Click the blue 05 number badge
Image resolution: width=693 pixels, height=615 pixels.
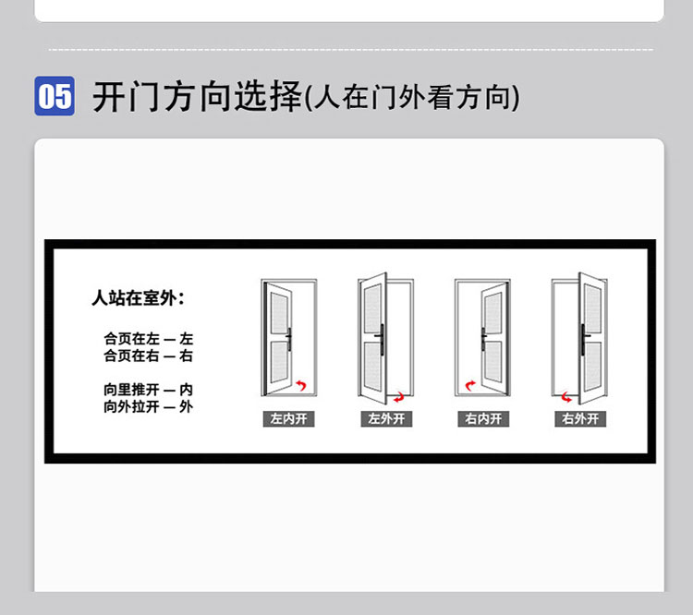click(x=55, y=96)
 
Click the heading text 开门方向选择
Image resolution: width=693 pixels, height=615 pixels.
click(x=198, y=96)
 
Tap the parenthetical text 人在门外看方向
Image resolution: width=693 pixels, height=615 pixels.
click(x=412, y=97)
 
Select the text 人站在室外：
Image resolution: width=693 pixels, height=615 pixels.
click(x=139, y=298)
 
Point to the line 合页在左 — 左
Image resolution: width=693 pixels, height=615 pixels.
click(x=148, y=339)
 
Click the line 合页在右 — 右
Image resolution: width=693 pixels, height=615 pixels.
click(x=148, y=356)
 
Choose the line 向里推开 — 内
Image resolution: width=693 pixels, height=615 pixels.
click(x=148, y=390)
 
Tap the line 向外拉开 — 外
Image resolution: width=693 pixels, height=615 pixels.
click(x=148, y=406)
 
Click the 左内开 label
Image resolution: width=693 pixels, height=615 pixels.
click(x=288, y=419)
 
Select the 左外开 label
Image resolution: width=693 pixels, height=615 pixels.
click(x=386, y=419)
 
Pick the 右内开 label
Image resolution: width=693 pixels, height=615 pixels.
click(x=483, y=419)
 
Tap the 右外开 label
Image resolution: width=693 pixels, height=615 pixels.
click(x=580, y=419)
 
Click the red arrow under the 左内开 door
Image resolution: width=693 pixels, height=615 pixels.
click(x=300, y=384)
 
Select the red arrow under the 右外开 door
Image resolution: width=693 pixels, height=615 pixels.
click(x=567, y=397)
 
